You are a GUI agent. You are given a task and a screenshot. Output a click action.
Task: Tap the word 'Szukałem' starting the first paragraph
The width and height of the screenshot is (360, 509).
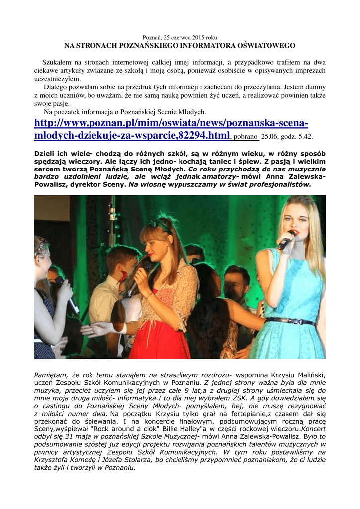click(x=57, y=63)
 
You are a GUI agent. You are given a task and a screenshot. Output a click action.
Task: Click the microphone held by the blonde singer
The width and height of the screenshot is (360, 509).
click(x=286, y=241)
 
